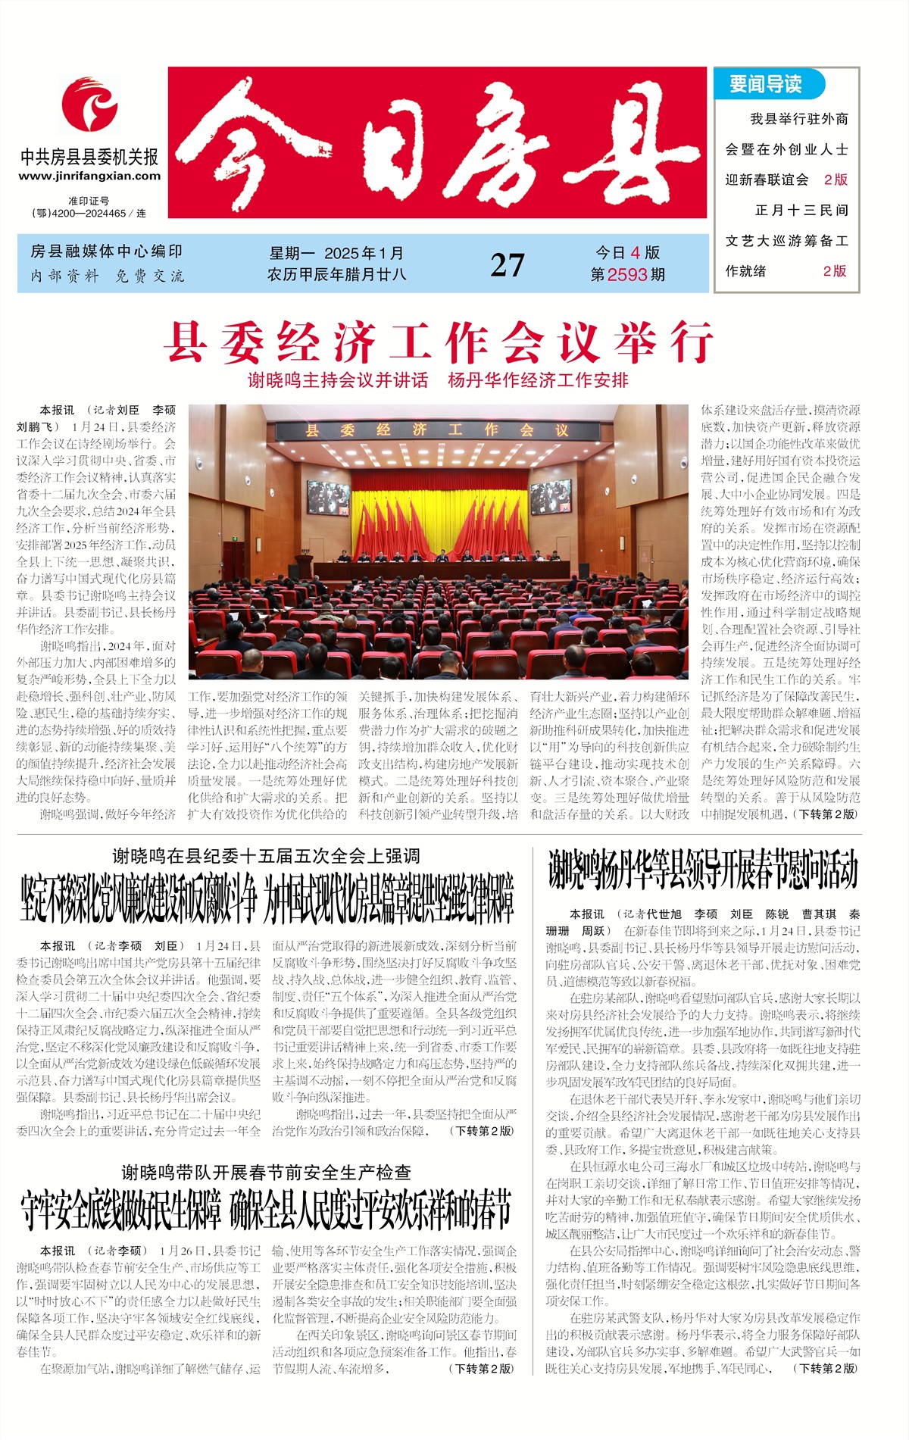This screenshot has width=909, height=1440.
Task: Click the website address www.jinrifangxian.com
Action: click(x=89, y=176)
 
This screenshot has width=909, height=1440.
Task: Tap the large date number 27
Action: click(x=507, y=265)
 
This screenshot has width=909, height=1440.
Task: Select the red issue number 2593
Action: click(x=628, y=275)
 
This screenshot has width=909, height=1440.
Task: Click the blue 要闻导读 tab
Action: click(x=767, y=84)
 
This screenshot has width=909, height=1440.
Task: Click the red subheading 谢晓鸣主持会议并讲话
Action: click(x=338, y=380)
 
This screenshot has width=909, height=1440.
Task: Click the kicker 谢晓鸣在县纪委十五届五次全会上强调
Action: click(x=266, y=856)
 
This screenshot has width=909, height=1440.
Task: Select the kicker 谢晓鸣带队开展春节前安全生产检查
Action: click(x=266, y=1173)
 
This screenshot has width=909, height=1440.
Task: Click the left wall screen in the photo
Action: click(x=327, y=498)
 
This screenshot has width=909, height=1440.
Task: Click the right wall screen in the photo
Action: click(x=551, y=496)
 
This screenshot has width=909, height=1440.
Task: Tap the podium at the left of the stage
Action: click(x=304, y=566)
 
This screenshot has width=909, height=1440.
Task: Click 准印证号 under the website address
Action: click(x=89, y=201)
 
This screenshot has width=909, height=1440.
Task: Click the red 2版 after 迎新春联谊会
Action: click(x=836, y=180)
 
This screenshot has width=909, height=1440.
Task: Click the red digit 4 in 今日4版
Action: click(x=635, y=253)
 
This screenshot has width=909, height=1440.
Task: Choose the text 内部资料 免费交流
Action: click(x=107, y=276)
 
